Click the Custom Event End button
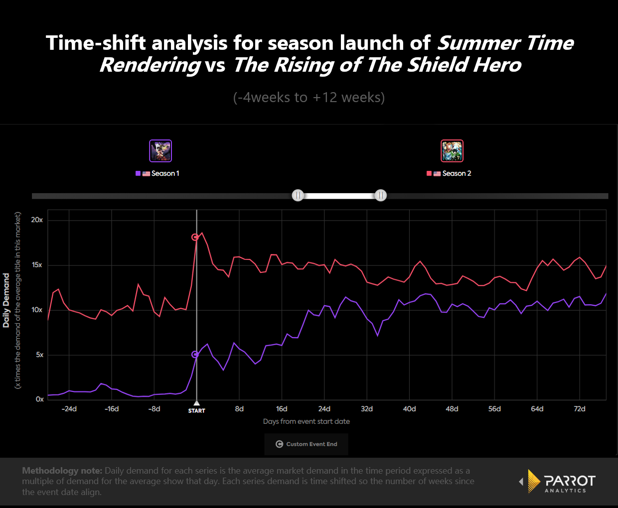[x=307, y=444]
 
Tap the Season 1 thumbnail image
[x=160, y=151]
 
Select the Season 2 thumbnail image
[x=452, y=151]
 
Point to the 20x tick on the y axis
[x=37, y=220]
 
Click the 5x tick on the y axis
[x=39, y=355]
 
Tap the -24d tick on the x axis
[x=69, y=409]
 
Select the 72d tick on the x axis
[x=580, y=409]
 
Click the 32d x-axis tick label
[x=367, y=409]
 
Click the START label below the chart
[x=197, y=411]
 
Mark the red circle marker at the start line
[x=195, y=237]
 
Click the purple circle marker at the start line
[x=195, y=355]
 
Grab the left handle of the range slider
[x=298, y=195]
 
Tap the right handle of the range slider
[x=381, y=195]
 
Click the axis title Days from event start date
[x=307, y=421]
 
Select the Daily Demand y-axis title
[x=6, y=300]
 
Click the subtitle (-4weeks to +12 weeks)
[x=309, y=97]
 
